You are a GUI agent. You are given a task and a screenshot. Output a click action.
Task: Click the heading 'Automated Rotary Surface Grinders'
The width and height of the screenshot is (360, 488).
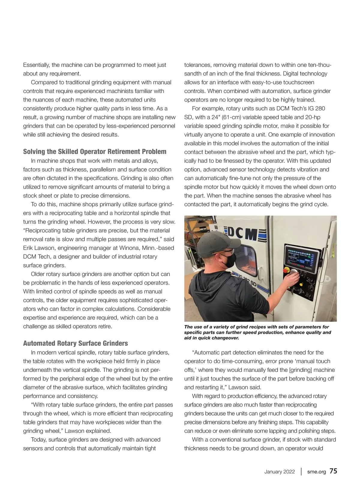[x=75, y=343]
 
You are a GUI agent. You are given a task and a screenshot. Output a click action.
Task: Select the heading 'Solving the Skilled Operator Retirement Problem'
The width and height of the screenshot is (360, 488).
[x=94, y=152]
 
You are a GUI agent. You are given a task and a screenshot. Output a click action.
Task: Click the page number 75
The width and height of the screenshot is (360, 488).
[x=333, y=471]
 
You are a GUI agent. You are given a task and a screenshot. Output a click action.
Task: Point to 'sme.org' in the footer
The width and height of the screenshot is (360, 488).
[x=316, y=471]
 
